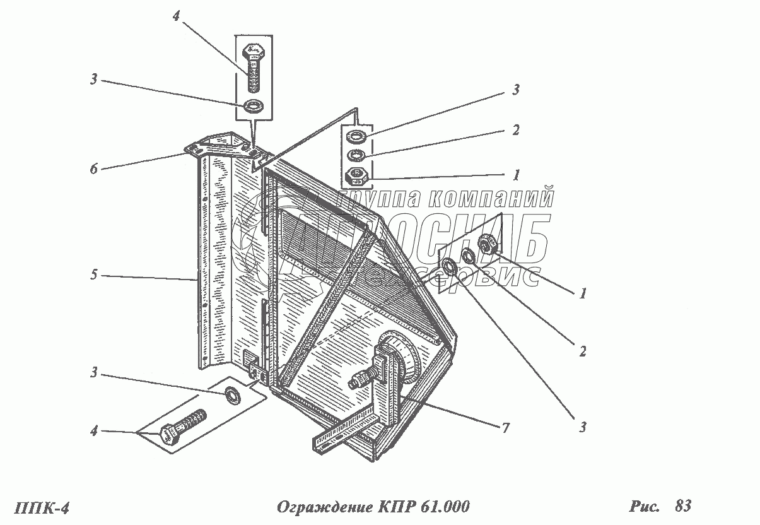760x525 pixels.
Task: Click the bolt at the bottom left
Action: click(185, 427)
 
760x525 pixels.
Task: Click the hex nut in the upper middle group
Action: click(358, 175)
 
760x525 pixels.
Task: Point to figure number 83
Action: click(682, 505)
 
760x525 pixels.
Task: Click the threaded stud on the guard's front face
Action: click(360, 380)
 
